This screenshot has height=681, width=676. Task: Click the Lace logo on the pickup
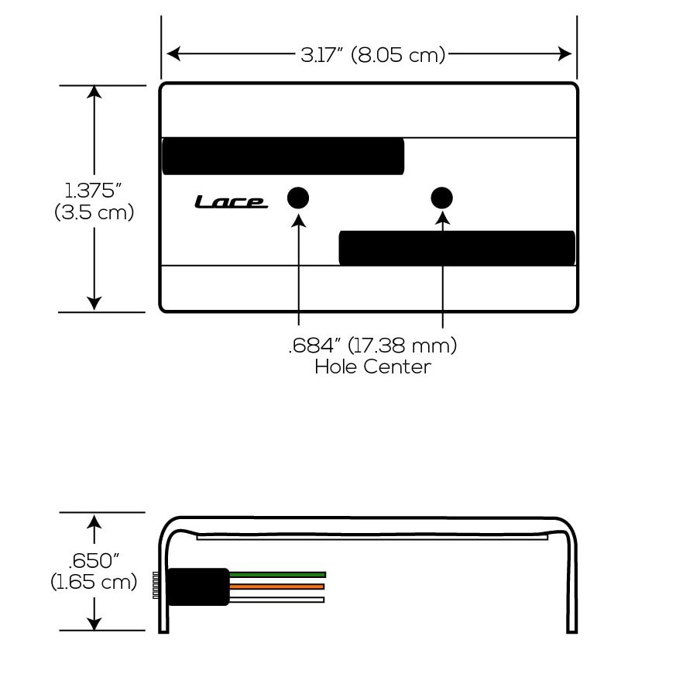coord(231,201)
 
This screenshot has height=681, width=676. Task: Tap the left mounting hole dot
coord(298,198)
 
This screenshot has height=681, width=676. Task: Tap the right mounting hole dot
coord(442,198)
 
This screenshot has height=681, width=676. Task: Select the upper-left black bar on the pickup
coord(283,156)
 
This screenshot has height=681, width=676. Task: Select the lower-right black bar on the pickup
coord(457,248)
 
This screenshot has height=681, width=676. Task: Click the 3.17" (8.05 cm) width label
coord(373,55)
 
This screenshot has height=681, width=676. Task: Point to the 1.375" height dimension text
coord(93,191)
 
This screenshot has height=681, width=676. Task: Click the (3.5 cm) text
coord(94,212)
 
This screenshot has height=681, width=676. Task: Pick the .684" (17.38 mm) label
coord(373,346)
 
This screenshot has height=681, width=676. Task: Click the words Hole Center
coord(373,367)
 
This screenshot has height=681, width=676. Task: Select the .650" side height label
coord(94,561)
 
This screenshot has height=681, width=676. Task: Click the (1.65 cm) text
coord(94,582)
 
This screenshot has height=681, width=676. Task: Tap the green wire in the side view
coord(277,575)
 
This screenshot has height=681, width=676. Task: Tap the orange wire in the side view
coord(276,586)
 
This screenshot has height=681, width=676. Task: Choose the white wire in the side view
coord(276,600)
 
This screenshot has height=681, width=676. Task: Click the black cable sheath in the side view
coord(198,586)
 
